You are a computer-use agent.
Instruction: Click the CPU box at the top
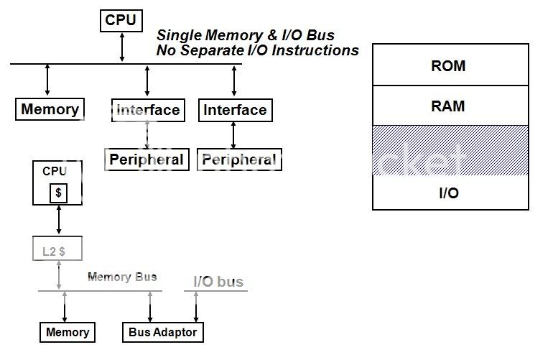pos(121,20)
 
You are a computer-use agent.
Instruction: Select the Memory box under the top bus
pos(50,110)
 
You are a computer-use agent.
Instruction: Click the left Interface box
pos(148,110)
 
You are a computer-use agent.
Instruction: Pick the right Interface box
pos(235,110)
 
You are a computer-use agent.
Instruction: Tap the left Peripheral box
pos(147,160)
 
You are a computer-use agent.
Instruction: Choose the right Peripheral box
pos(239,160)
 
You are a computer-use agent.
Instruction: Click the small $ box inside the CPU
pos(58,193)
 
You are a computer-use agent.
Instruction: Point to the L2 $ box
pos(57,250)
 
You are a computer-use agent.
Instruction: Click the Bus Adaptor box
pos(162,332)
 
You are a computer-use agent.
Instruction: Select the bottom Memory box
pos(68,332)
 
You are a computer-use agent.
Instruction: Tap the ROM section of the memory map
pos(450,66)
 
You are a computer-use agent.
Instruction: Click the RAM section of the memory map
pos(450,106)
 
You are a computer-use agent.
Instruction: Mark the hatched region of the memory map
pos(450,150)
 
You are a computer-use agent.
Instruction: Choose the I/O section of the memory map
pos(450,193)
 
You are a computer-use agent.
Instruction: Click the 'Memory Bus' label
pos(122,277)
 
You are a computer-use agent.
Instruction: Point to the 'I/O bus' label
pos(218,282)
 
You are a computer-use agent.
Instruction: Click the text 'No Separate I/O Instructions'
pos(257,50)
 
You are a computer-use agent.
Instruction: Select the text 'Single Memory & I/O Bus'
pos(245,34)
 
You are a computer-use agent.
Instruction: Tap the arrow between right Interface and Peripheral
pos(233,135)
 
